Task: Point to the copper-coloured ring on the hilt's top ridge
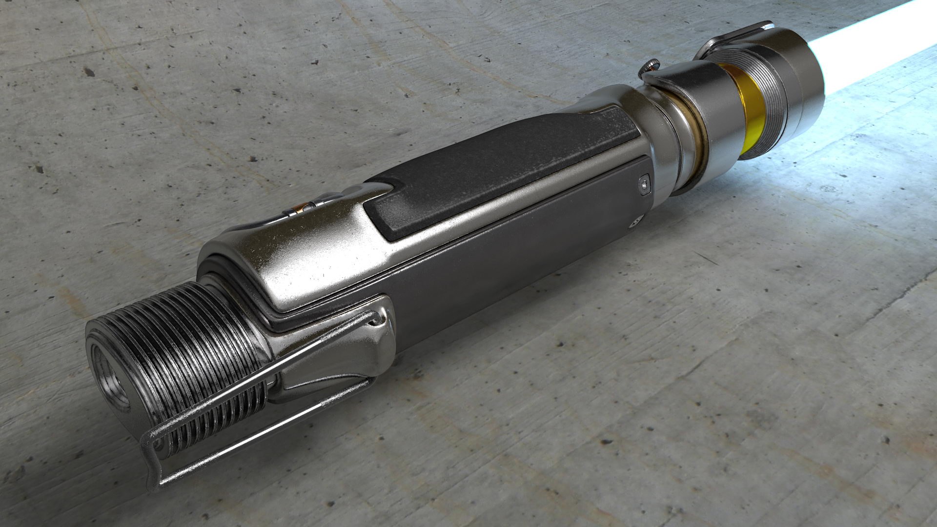point(297,209)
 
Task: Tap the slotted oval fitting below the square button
point(633,223)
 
